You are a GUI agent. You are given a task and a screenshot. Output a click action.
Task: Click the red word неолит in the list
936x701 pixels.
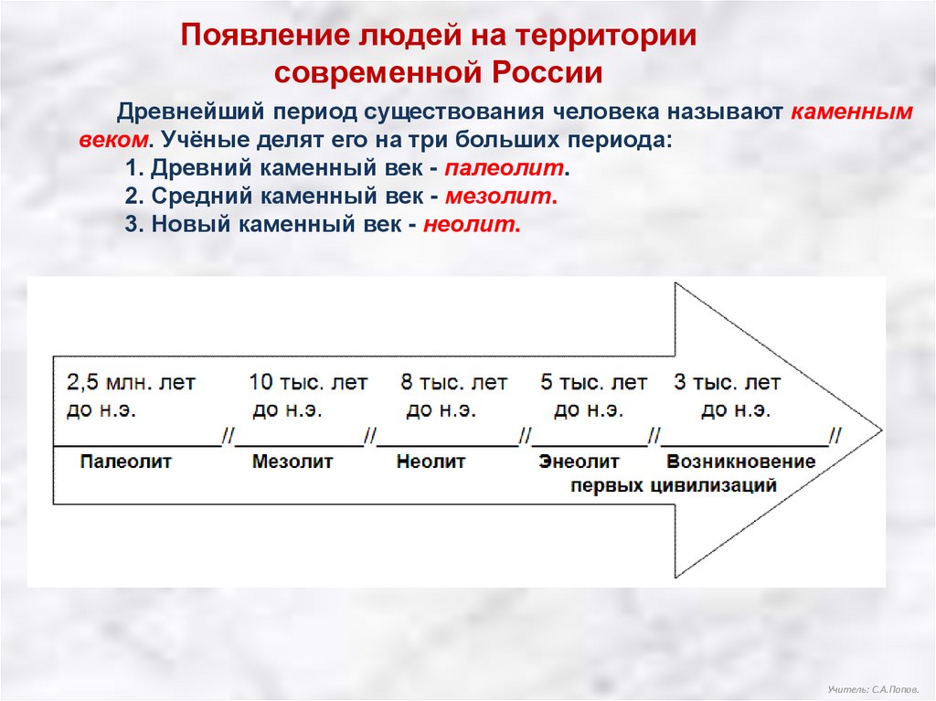(472, 225)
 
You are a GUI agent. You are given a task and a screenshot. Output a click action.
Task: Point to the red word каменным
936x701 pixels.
(851, 112)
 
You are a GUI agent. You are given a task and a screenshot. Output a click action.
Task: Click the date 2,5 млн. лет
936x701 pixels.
(131, 382)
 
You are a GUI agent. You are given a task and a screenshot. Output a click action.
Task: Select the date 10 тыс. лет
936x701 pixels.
(309, 382)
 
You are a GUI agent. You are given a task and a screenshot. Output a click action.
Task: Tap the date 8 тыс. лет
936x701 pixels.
(453, 382)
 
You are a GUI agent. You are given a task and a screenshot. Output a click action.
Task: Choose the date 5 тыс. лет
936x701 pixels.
(593, 382)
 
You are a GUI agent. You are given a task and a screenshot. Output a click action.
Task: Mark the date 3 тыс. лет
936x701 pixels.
(728, 382)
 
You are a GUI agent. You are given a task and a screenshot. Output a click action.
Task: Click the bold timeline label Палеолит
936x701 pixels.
(125, 462)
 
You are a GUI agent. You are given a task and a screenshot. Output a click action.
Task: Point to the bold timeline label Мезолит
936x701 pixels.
(292, 462)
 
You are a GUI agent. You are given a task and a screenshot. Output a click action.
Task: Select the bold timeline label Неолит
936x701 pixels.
(431, 462)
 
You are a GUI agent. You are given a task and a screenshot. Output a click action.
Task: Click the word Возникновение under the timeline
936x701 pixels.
(740, 462)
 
